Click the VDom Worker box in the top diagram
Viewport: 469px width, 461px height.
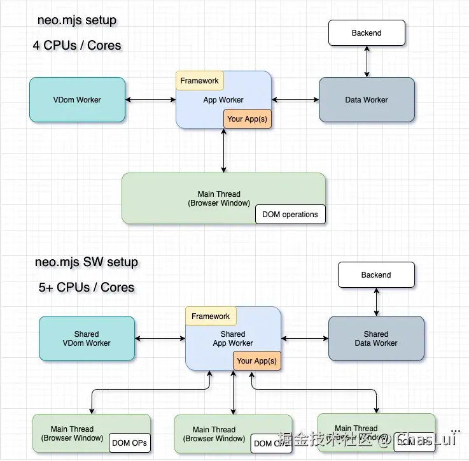pos(77,99)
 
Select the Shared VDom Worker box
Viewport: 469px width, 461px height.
pos(87,338)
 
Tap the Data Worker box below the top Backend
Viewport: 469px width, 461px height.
pos(367,99)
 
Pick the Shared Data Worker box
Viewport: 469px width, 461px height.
pos(376,338)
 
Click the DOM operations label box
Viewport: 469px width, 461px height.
pos(290,215)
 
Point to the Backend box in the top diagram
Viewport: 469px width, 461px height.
pos(367,33)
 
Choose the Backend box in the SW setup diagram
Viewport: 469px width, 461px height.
pos(376,275)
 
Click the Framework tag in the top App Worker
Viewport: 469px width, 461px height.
pos(199,81)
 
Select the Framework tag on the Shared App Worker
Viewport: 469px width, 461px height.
pos(211,316)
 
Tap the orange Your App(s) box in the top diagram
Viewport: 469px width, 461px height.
pos(247,119)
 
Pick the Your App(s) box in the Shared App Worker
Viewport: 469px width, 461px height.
pos(256,361)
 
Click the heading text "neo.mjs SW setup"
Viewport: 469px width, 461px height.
pos(87,262)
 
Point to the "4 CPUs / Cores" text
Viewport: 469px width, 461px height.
pos(77,45)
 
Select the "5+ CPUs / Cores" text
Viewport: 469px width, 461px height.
pos(87,287)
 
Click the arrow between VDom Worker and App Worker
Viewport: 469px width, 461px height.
pos(151,99)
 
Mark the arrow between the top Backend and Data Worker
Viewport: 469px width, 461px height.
pos(367,62)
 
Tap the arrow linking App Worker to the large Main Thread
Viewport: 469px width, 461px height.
pos(223,151)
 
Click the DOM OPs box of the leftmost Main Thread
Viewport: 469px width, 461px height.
pos(130,443)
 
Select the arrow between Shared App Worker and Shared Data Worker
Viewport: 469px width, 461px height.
pos(305,338)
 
